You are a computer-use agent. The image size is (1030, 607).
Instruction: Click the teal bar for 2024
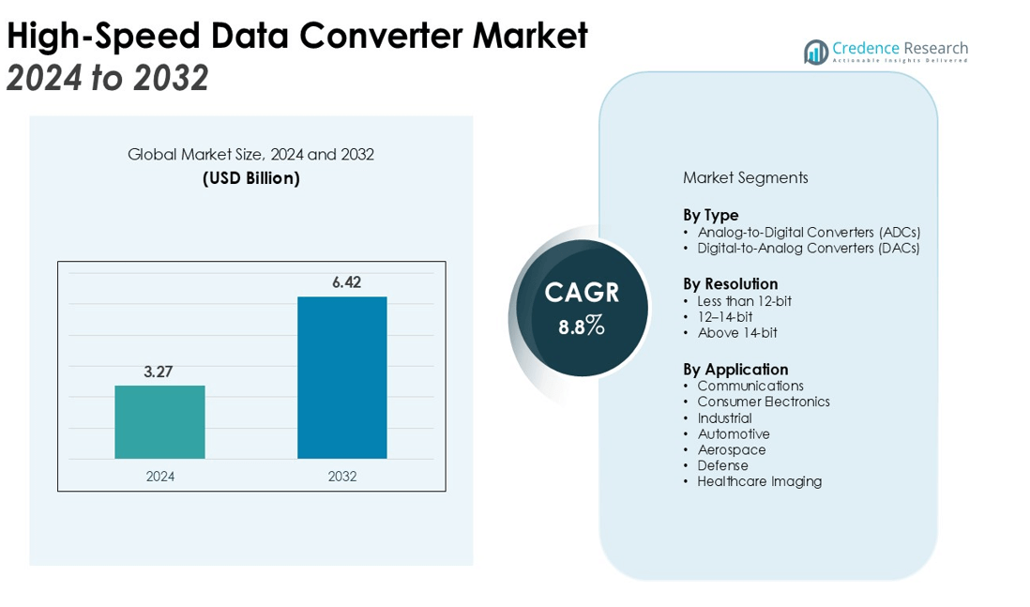159,422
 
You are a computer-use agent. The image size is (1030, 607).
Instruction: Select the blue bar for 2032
342,377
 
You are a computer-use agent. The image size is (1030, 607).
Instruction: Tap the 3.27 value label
159,372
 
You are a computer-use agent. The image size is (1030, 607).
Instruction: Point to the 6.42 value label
342,282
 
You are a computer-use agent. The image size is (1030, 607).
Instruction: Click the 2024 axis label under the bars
160,477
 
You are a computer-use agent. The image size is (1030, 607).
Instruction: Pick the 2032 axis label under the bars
342,477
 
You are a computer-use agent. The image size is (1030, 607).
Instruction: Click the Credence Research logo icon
815,53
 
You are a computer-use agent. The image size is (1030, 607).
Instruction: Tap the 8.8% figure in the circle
582,327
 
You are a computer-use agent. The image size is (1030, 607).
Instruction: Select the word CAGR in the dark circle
582,293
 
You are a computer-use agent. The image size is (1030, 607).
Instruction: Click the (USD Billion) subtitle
251,178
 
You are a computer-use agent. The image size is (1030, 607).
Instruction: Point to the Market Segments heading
745,177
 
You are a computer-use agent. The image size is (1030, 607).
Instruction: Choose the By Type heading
710,215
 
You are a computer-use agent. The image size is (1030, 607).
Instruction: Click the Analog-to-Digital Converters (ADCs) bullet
809,232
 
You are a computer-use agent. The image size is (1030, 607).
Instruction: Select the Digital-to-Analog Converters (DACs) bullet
808,249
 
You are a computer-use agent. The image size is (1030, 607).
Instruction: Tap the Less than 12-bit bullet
744,301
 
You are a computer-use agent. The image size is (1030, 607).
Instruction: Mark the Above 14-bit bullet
736,333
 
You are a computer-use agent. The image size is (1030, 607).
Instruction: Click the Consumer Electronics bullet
764,402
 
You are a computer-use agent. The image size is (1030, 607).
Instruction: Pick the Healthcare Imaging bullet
759,481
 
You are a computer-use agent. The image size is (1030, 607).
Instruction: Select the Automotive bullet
734,433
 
